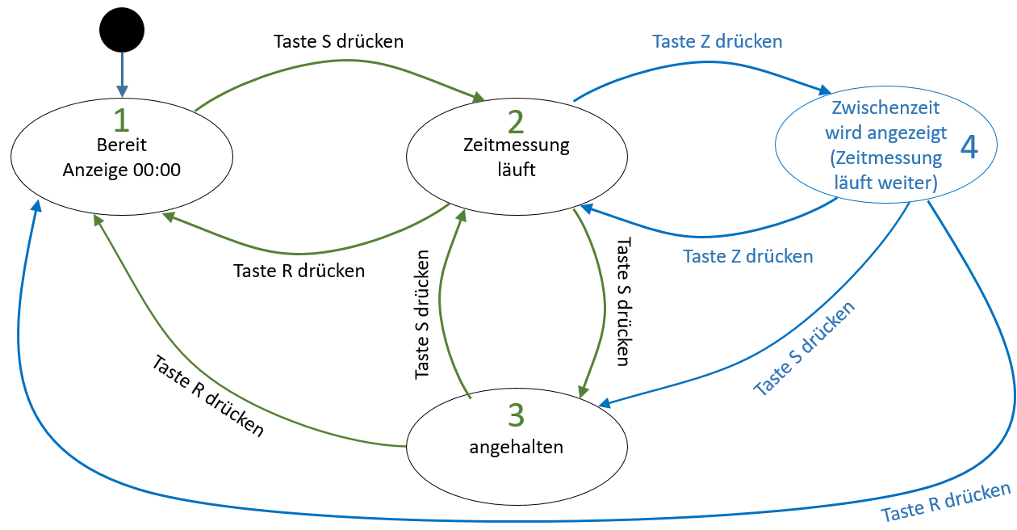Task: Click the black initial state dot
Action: pyautogui.click(x=122, y=31)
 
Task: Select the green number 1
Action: pyautogui.click(x=122, y=120)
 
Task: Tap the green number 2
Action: pyautogui.click(x=516, y=121)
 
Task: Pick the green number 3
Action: pyautogui.click(x=516, y=414)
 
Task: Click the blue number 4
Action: pyautogui.click(x=969, y=148)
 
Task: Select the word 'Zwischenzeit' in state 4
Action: pyautogui.click(x=885, y=107)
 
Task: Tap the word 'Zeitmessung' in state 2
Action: pyautogui.click(x=517, y=145)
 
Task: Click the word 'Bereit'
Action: pyautogui.click(x=122, y=146)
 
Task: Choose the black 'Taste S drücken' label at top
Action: pyautogui.click(x=339, y=40)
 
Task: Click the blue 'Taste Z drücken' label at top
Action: pyautogui.click(x=718, y=40)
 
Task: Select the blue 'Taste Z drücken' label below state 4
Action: pyautogui.click(x=747, y=256)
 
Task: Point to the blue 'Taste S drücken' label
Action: pyautogui.click(x=804, y=347)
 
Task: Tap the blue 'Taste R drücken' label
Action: pyautogui.click(x=945, y=503)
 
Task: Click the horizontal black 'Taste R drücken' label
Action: pyautogui.click(x=299, y=271)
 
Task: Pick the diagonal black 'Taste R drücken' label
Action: pyautogui.click(x=207, y=396)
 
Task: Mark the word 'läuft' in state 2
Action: pyautogui.click(x=517, y=170)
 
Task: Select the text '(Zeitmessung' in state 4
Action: pyautogui.click(x=885, y=158)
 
